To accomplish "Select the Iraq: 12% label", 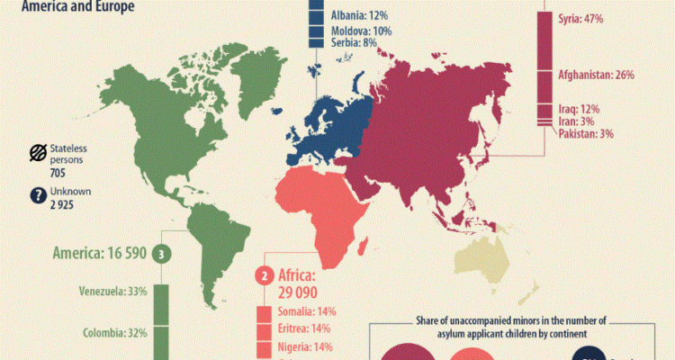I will point(576,109).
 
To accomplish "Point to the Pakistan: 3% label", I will point(586,134).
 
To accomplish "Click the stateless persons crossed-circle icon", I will point(38,152).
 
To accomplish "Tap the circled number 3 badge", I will point(161,255).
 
